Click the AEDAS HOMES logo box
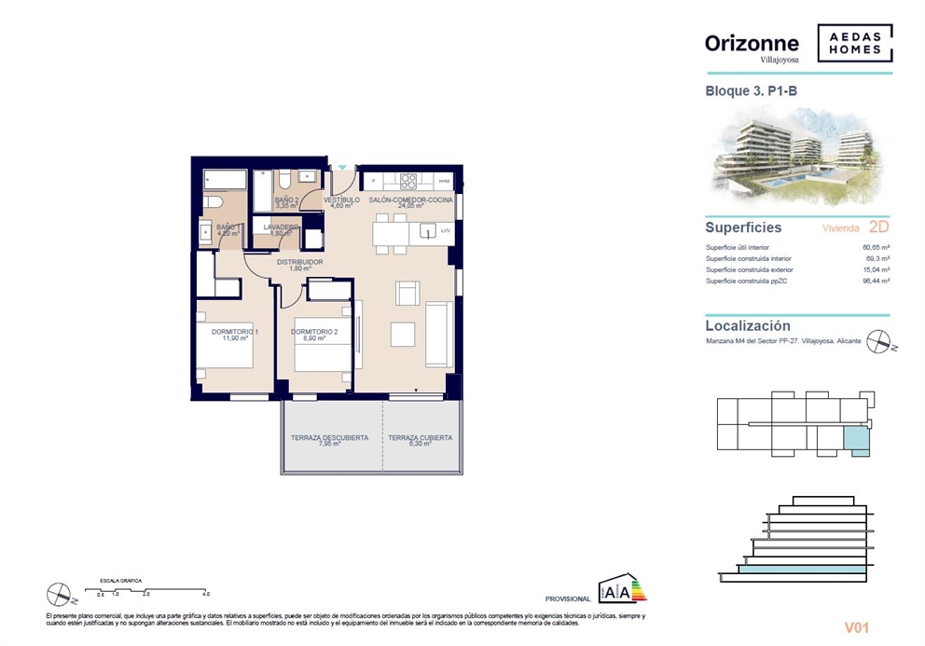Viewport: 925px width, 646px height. (854, 43)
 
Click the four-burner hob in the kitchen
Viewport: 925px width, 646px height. (408, 181)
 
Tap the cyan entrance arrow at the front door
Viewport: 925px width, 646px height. (342, 168)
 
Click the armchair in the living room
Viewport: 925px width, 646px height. (407, 294)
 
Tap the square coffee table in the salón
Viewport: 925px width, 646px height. (403, 333)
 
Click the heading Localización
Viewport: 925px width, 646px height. (748, 326)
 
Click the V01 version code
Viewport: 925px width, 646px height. (856, 628)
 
